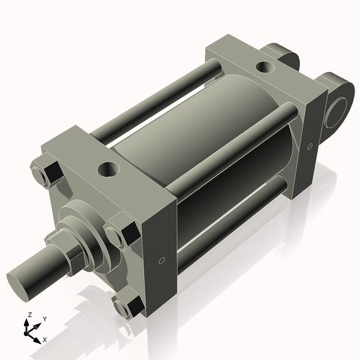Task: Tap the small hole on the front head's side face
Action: coord(162,261)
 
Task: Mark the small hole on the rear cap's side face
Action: coord(310,146)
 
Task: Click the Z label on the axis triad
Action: coord(29,314)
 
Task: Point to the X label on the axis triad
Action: coord(45,340)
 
